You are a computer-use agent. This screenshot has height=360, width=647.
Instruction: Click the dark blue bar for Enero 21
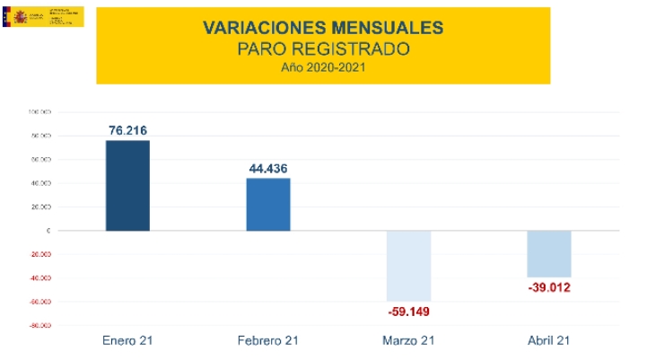coord(127,186)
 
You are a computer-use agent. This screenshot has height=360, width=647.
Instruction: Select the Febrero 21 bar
coord(268,205)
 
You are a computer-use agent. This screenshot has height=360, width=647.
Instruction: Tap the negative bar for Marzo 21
coord(409,266)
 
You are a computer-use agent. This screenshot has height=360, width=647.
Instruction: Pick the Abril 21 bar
coord(549,254)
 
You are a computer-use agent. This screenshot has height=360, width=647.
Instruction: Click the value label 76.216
coord(127,130)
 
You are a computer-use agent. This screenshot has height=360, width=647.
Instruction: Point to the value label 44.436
coord(268,168)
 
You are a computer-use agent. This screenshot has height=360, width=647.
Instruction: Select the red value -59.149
coord(409,312)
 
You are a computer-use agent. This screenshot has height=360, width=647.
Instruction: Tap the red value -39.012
coord(549,288)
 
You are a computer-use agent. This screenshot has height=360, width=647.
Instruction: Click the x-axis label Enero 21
coord(127,341)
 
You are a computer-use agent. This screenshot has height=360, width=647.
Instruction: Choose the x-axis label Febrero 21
coord(268,341)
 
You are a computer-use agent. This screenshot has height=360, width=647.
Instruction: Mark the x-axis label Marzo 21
coord(409,341)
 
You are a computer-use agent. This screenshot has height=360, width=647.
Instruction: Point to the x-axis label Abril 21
coord(549,341)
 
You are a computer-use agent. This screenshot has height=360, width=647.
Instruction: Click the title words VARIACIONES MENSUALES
coord(323,28)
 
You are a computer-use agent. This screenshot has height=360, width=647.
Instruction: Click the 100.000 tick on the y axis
coord(39,112)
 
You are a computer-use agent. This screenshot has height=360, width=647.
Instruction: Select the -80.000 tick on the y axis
coord(39,326)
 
